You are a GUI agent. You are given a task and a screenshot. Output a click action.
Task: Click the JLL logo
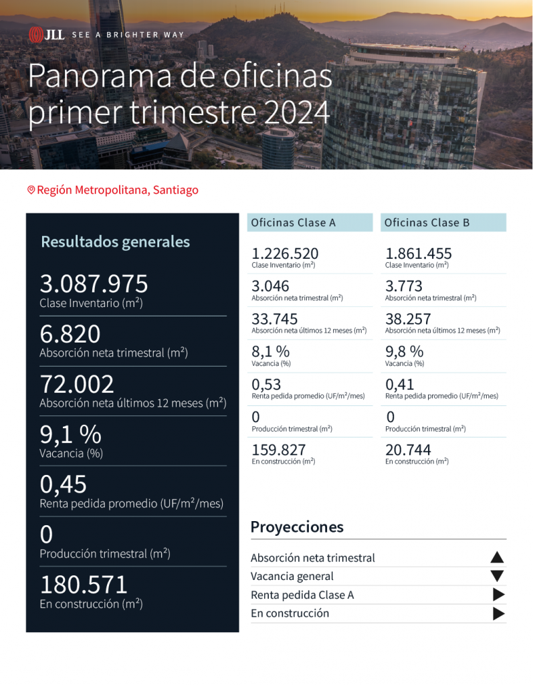coord(46,34)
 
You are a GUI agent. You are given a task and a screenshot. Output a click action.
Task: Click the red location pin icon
coord(31,190)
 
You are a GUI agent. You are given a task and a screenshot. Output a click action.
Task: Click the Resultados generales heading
coord(115,241)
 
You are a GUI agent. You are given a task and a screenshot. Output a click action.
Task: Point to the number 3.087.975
coord(94,284)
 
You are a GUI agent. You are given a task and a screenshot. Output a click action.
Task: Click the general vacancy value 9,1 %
coord(70,435)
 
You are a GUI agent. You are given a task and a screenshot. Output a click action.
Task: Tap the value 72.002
coord(77,385)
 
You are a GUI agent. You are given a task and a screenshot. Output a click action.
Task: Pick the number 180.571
coord(84,585)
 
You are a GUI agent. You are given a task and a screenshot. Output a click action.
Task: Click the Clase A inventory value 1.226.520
coord(285,254)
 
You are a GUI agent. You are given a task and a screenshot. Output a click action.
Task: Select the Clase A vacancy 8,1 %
coord(270,351)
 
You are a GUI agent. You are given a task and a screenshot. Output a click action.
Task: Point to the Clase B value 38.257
coord(408,318)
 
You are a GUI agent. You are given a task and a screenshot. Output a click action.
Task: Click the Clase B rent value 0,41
coord(399,384)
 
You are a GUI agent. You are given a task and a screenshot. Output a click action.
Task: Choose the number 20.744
coord(408,450)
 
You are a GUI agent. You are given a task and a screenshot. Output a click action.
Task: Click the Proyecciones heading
coord(297,526)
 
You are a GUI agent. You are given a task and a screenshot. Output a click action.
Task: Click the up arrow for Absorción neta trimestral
coord(497,557)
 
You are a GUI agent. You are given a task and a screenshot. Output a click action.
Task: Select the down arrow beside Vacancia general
coord(497,576)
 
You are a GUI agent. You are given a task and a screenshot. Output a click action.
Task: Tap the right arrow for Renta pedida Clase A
coord(498,595)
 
